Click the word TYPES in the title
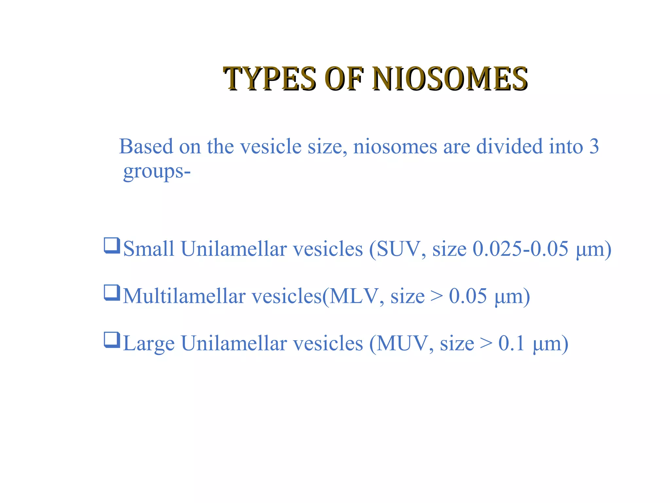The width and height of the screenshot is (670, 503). point(270,79)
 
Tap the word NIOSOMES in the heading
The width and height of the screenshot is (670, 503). point(450,79)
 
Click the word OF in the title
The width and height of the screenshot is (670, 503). point(344,79)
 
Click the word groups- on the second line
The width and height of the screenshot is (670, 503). point(157,171)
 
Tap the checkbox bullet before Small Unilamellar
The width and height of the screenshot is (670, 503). point(112,246)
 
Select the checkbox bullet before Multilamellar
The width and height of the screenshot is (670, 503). point(112,293)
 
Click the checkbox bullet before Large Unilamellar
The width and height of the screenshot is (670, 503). point(112,340)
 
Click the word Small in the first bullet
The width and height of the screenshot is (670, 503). point(149,249)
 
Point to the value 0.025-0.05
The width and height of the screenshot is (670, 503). point(520,249)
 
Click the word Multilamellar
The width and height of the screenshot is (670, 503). point(184,296)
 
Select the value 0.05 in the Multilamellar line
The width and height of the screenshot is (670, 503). point(468,296)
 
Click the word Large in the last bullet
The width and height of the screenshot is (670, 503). point(149,344)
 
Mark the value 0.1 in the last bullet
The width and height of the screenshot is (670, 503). point(512,344)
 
